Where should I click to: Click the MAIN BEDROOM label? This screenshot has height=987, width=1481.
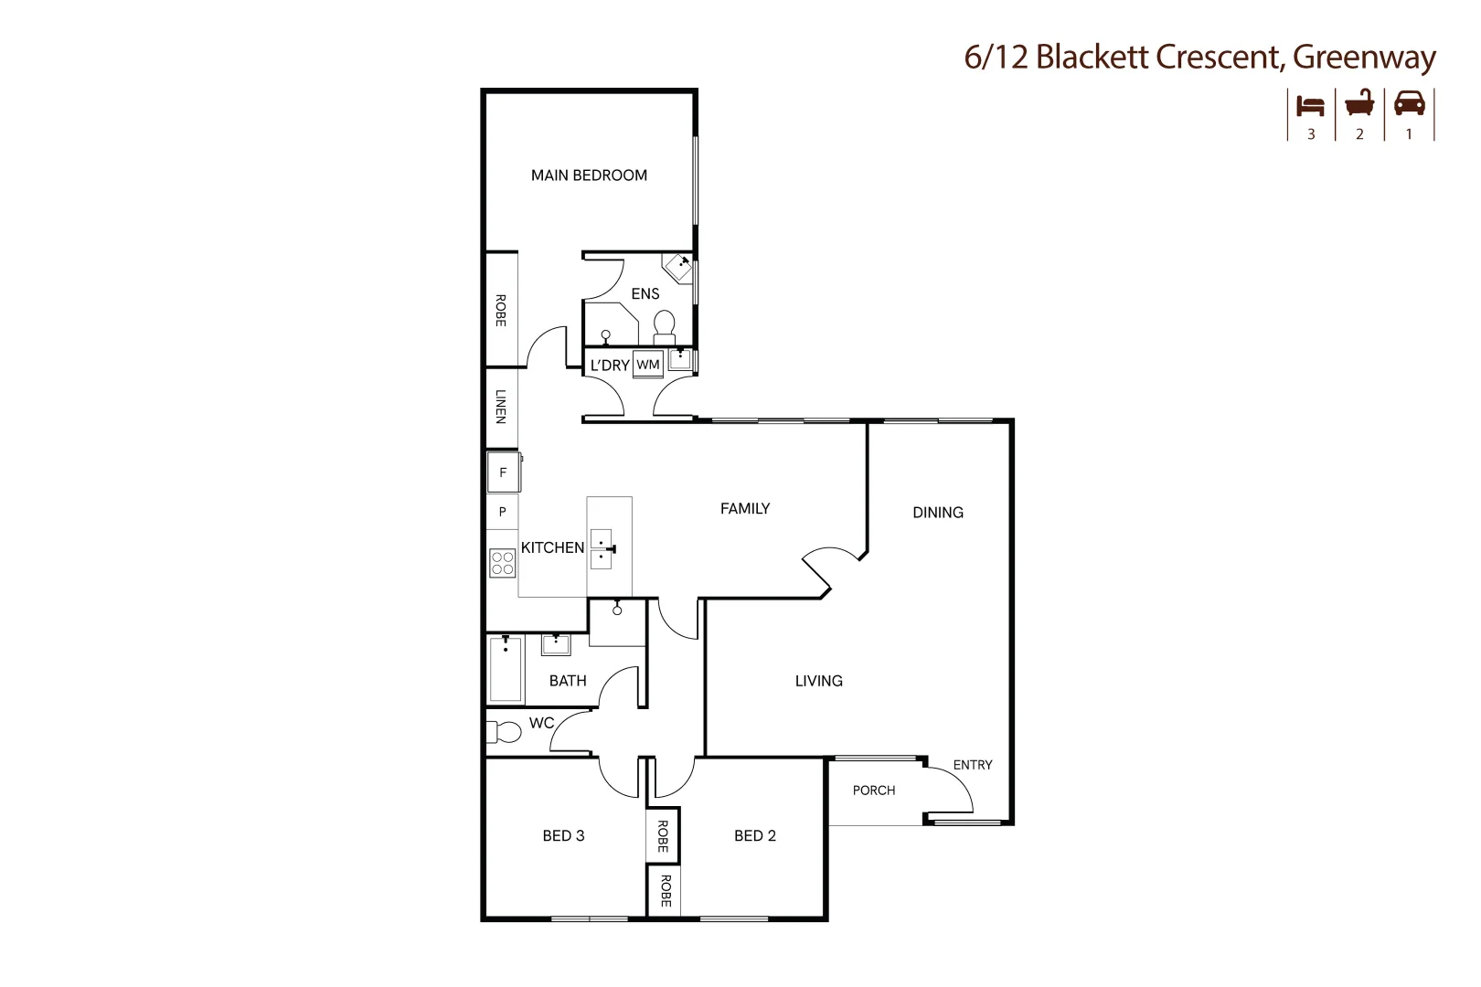coord(589,175)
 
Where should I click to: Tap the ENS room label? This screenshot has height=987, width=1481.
coord(645,293)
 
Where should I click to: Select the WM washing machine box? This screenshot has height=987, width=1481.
coord(648,365)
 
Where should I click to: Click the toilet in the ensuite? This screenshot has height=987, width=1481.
coord(665,325)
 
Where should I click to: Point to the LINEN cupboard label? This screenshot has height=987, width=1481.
coord(501,407)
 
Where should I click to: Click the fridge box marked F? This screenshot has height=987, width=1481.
coord(503,472)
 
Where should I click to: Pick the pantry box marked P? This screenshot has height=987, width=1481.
coord(502,512)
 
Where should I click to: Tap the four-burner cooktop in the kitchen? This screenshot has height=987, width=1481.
coord(502,562)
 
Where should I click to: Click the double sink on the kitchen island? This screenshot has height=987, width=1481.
coord(602,548)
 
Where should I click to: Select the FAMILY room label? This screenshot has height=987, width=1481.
coord(745,509)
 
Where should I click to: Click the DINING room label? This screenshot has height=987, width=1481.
coord(938,513)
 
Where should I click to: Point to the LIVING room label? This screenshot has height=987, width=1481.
coord(818,681)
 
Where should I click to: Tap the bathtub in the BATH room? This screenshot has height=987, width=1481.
coord(506,670)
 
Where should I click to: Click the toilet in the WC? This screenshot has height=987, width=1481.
coord(504,732)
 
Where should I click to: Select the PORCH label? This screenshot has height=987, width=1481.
coord(874,791)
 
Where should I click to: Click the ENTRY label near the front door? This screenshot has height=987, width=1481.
coord(973,765)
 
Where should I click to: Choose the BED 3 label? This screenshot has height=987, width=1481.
coord(563,835)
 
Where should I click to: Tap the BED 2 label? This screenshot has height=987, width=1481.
coord(755,835)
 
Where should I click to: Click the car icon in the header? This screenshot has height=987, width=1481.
coord(1409,103)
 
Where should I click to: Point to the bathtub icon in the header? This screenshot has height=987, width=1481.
coord(1359,103)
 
